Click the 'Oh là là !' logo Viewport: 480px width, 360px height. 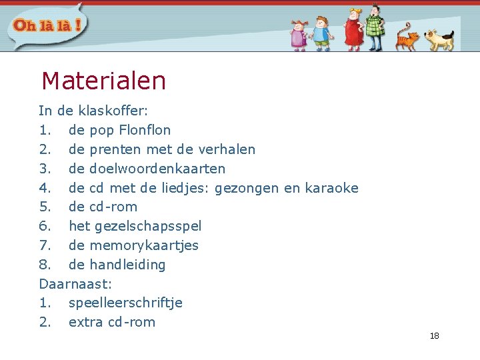(46, 26)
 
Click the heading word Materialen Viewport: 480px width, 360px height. (103, 81)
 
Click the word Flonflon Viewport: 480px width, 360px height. (145, 130)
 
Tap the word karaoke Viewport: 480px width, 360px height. (331, 188)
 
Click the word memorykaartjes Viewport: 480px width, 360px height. (144, 245)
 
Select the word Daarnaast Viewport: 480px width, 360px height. (73, 284)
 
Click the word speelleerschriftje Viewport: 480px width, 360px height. (125, 303)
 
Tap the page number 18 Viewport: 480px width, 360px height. (435, 336)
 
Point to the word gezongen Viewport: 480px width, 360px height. (247, 188)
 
